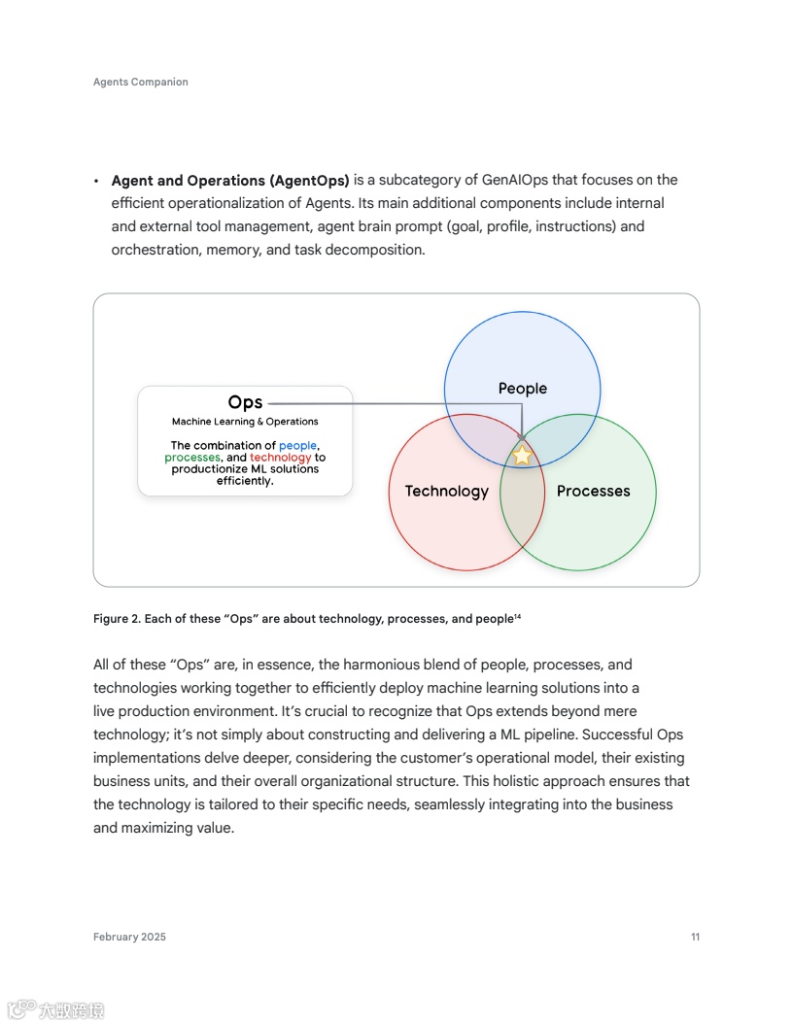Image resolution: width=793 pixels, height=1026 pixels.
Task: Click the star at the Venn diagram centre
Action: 522,455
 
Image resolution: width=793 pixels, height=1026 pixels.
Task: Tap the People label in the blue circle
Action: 523,389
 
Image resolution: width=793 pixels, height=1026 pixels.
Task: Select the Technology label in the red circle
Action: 446,491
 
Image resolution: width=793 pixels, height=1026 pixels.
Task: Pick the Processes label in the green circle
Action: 593,491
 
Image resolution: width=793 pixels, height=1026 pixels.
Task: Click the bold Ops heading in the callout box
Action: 245,402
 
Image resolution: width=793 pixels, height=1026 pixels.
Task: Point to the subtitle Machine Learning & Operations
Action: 245,422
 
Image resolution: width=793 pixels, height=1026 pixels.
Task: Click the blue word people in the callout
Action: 297,446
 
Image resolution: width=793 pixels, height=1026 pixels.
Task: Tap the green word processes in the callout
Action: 192,458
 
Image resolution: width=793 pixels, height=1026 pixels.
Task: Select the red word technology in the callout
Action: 280,458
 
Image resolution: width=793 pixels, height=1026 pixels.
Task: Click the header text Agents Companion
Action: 141,83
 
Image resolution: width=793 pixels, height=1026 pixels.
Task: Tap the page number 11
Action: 695,938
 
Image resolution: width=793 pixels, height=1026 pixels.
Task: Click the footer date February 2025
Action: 129,938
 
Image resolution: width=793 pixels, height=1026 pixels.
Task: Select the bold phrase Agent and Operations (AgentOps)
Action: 230,180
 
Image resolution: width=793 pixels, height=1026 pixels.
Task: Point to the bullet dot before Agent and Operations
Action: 96,182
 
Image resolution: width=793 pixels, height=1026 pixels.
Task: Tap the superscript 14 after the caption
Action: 517,616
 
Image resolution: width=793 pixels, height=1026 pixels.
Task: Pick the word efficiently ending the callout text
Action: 245,481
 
